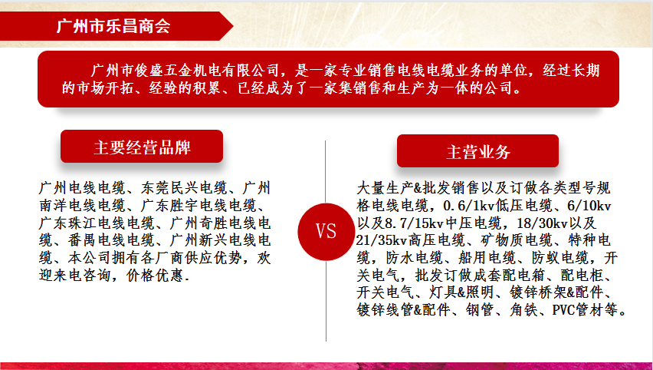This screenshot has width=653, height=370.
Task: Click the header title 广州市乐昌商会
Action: [113, 26]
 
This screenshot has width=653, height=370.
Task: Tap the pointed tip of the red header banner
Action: [233, 26]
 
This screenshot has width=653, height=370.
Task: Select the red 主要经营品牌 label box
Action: [142, 147]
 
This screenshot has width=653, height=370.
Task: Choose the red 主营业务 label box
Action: [477, 151]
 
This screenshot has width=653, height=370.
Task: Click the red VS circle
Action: [326, 232]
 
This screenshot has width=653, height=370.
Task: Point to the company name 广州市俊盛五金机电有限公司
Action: [185, 70]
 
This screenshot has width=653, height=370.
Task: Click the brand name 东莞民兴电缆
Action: [185, 188]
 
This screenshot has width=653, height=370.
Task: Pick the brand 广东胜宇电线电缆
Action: [199, 205]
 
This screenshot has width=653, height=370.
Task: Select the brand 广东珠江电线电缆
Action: [97, 223]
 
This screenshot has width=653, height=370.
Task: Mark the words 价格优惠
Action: [155, 276]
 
